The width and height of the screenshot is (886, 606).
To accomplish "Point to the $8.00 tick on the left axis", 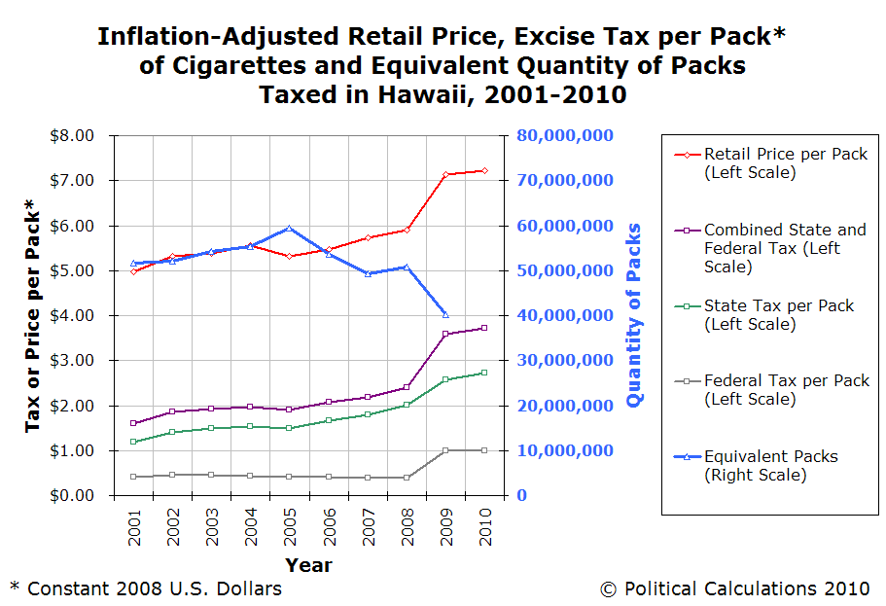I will pyautogui.click(x=73, y=135).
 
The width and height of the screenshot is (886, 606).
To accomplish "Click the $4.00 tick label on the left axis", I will pyautogui.click(x=73, y=315).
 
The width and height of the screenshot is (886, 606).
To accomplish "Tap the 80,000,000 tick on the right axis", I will pyautogui.click(x=564, y=135).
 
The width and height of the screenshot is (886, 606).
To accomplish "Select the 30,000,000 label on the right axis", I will pyautogui.click(x=564, y=361).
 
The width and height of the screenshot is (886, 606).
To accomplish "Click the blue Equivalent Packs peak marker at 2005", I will pyautogui.click(x=290, y=228).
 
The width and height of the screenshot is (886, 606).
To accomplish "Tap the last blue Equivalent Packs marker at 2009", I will pyautogui.click(x=445, y=314).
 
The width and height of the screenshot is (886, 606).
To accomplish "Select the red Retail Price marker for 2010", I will pyautogui.click(x=484, y=171).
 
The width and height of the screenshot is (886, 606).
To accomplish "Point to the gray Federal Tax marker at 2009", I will pyautogui.click(x=445, y=450).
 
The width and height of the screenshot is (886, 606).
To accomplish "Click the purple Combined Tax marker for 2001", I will pyautogui.click(x=133, y=423).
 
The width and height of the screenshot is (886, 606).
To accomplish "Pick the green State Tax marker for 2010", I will pyautogui.click(x=484, y=373).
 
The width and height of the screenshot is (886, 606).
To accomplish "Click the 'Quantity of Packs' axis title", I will pyautogui.click(x=635, y=315).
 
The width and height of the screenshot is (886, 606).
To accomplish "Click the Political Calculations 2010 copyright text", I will pyautogui.click(x=734, y=588).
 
